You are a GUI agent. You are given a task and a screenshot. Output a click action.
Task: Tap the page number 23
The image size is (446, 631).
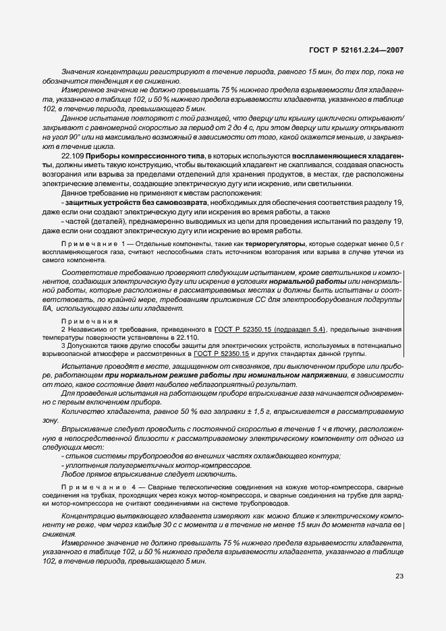point(398,575)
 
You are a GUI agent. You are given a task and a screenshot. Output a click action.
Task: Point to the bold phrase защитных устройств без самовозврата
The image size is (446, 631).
point(119,203)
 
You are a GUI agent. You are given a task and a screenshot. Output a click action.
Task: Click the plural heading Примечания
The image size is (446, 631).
point(89,321)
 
